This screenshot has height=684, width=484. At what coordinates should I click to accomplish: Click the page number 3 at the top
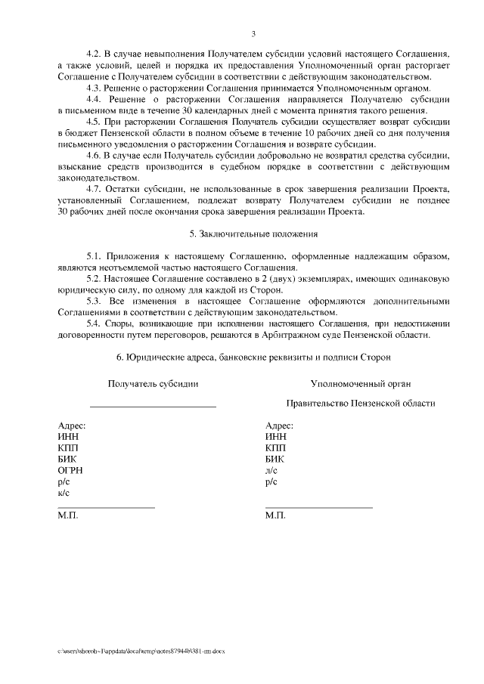[x=253, y=33]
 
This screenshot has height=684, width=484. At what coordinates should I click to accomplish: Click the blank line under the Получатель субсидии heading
[x=154, y=408]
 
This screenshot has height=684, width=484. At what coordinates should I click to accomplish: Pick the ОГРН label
[x=70, y=469]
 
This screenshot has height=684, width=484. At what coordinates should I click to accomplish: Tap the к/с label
[x=64, y=492]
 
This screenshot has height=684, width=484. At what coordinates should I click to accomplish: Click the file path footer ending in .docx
[x=141, y=650]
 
